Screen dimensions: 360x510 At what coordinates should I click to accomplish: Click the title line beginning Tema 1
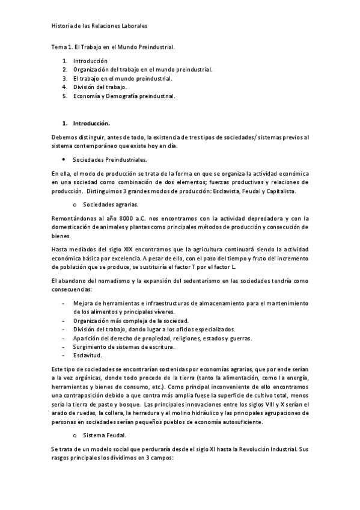point(113,46)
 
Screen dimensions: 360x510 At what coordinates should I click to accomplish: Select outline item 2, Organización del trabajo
point(142,70)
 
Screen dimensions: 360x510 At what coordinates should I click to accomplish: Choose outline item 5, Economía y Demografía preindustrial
point(124,96)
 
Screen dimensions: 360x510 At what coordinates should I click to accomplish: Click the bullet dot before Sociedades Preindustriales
point(64,160)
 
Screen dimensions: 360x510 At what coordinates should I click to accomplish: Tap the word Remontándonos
point(73,218)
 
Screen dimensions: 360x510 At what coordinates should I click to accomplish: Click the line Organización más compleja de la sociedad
point(130,321)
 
